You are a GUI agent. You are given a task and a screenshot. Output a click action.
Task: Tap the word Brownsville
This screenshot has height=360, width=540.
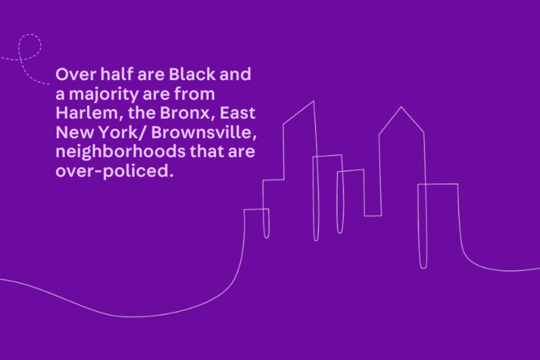tap(204, 132)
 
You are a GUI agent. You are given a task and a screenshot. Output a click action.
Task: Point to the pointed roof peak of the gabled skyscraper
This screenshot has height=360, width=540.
tap(401, 107)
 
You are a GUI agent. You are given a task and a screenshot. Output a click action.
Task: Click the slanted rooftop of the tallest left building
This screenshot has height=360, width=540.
tap(298, 112)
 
